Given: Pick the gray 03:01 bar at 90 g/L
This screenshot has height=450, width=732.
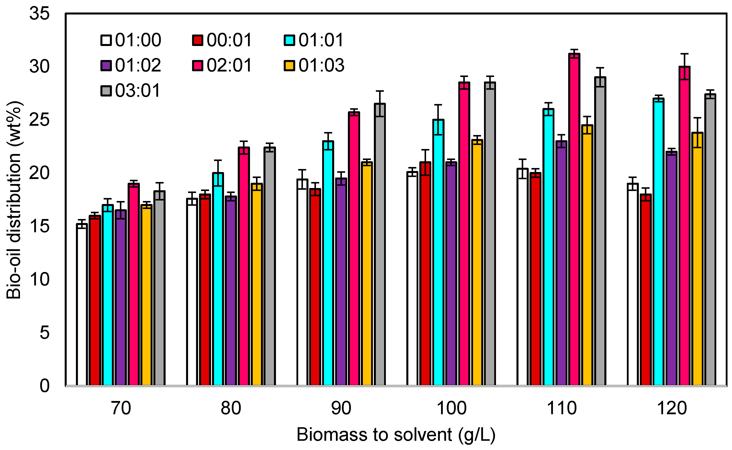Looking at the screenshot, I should coord(380,244).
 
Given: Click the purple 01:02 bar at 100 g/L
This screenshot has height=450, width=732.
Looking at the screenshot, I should coord(451,274).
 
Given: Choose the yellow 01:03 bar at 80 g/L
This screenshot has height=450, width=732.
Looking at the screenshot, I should coord(256,284).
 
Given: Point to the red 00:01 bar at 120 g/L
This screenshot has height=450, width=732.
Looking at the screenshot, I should coord(646,290).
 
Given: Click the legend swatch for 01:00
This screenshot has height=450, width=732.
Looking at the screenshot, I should coord(106,40).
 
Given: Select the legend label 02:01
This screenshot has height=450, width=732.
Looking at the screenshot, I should coord(229,65).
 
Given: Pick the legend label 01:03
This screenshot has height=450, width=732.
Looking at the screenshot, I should coord(321,65).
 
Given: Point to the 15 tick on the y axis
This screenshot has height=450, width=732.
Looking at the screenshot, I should coord(39,226).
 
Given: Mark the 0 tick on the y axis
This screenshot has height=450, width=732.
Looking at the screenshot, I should coord(45,386).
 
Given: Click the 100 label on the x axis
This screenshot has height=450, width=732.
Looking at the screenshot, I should coord(451,408).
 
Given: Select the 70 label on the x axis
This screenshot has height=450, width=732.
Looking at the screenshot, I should coord(121,408).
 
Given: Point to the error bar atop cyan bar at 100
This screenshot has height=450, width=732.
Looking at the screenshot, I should coord(438,120).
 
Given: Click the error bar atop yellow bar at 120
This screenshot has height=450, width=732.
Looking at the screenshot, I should coord(697,133).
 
